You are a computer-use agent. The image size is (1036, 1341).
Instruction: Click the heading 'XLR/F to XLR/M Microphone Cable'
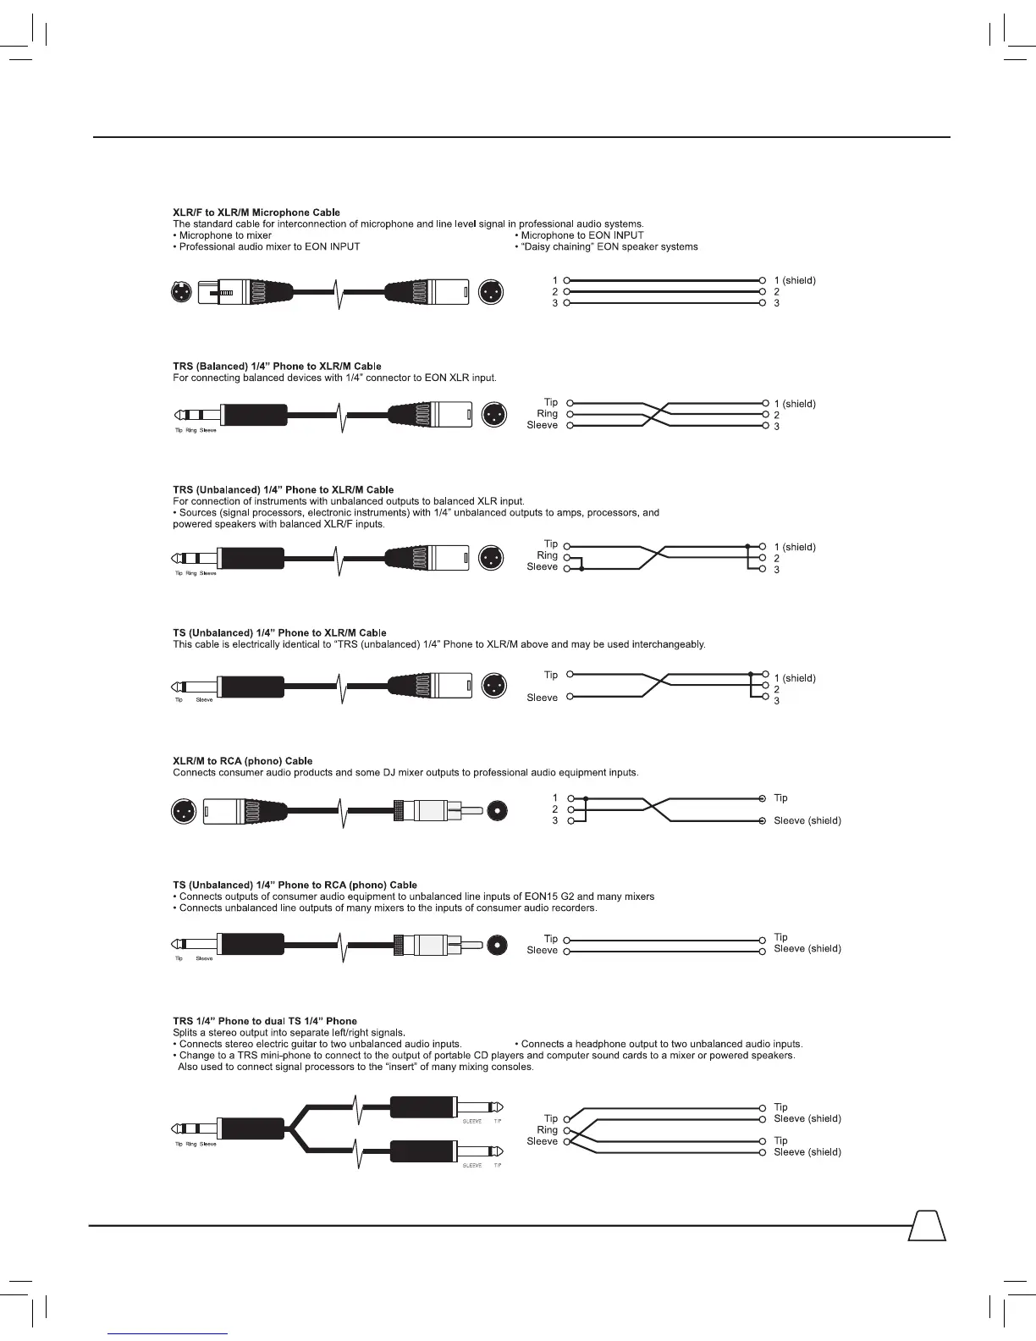pyautogui.click(x=256, y=212)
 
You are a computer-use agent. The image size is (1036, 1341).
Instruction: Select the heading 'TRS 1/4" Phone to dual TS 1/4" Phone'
pyautogui.click(x=265, y=1021)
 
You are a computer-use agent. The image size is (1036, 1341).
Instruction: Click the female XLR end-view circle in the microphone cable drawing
pyautogui.click(x=180, y=292)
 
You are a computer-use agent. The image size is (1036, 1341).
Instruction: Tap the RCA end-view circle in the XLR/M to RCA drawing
pyautogui.click(x=499, y=811)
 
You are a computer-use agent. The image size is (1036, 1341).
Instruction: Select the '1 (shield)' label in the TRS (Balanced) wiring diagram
pyautogui.click(x=795, y=404)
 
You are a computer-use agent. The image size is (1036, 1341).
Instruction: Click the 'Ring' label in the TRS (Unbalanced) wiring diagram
pyautogui.click(x=548, y=555)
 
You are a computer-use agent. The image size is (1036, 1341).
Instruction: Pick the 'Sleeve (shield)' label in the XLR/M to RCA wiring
pyautogui.click(x=807, y=820)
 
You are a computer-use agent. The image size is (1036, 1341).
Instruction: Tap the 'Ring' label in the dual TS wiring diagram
pyautogui.click(x=548, y=1130)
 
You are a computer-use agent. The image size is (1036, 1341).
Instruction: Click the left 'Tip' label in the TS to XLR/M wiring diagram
pyautogui.click(x=551, y=675)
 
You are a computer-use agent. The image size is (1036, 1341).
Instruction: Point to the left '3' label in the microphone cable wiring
pyautogui.click(x=555, y=303)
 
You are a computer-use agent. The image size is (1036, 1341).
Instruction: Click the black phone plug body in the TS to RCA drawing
pyautogui.click(x=252, y=944)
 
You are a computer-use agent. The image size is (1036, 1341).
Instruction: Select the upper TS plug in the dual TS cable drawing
pyautogui.click(x=423, y=1106)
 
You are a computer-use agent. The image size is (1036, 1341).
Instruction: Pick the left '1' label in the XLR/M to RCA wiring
pyautogui.click(x=555, y=797)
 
